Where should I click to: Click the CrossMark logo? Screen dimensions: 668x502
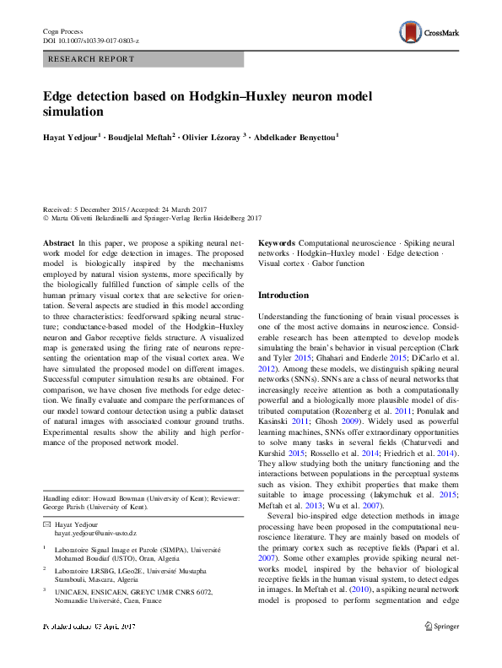pyautogui.click(x=427, y=33)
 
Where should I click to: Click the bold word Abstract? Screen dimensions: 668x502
pyautogui.click(x=58, y=242)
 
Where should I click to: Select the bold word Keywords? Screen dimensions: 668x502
pyautogui.click(x=277, y=242)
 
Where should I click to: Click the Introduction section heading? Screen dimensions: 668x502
pyautogui.click(x=283, y=296)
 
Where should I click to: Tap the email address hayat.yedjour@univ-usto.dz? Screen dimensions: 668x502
pyautogui.click(x=95, y=535)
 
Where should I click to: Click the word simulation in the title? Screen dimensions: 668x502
pyautogui.click(x=73, y=111)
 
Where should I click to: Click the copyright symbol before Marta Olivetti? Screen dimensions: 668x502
pyautogui.click(x=46, y=217)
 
